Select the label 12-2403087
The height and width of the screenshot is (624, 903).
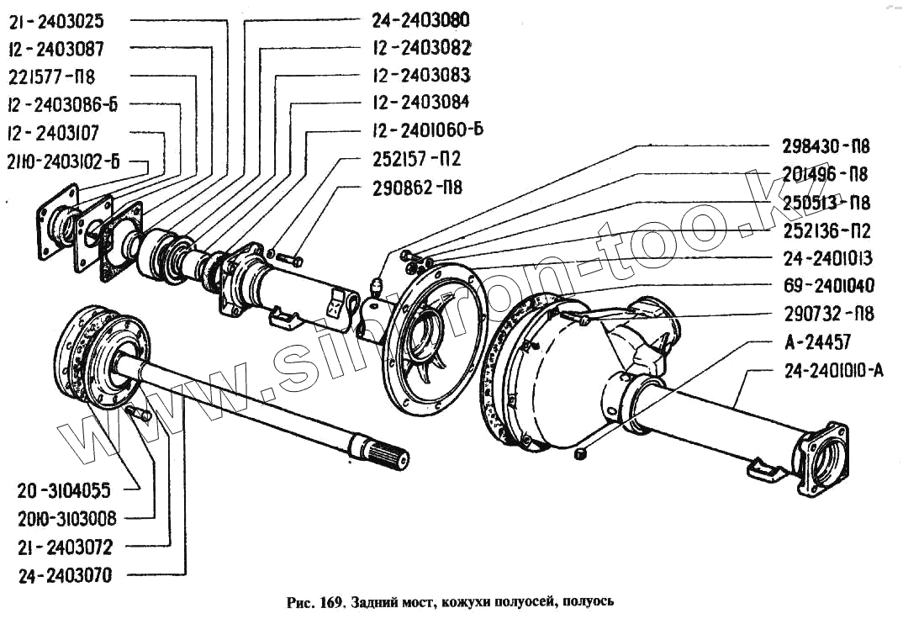pyautogui.click(x=56, y=48)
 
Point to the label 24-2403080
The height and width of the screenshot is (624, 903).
pyautogui.click(x=420, y=19)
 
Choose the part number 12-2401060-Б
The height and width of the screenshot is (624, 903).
pyautogui.click(x=427, y=130)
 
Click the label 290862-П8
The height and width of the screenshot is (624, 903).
pyautogui.click(x=417, y=188)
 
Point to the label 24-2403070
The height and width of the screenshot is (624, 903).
pyautogui.click(x=66, y=576)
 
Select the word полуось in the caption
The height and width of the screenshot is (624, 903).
pyautogui.click(x=588, y=602)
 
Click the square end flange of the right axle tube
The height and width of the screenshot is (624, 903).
pyautogui.click(x=824, y=459)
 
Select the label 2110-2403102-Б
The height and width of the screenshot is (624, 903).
pyautogui.click(x=63, y=161)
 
